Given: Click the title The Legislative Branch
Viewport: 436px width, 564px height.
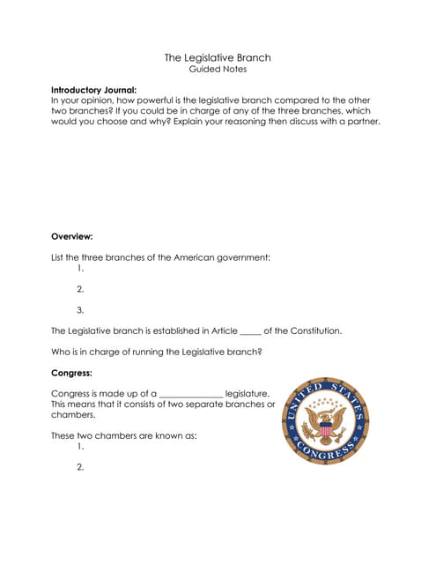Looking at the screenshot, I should (x=218, y=57).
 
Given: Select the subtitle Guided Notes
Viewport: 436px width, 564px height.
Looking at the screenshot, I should (x=218, y=69).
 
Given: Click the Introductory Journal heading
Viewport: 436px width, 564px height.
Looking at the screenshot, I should (x=93, y=90).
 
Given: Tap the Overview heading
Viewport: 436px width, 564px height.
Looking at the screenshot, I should (x=72, y=236).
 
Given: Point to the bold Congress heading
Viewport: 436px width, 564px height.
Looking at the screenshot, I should (x=71, y=373).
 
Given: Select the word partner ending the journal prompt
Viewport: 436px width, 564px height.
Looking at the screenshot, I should (x=360, y=122).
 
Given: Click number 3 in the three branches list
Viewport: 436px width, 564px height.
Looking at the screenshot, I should (x=80, y=310).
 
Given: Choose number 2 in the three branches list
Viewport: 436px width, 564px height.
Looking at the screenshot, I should (x=80, y=289).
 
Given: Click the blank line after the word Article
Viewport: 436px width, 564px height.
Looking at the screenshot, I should (x=250, y=332).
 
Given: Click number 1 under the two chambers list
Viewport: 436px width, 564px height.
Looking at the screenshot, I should (x=80, y=447).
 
